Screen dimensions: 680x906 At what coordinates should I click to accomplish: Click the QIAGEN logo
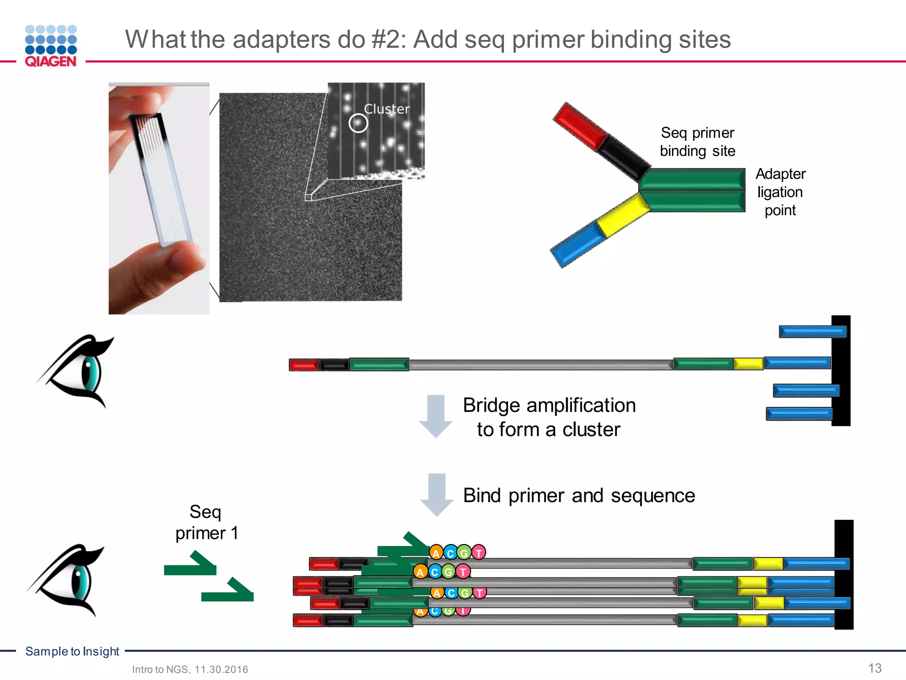pyautogui.click(x=51, y=46)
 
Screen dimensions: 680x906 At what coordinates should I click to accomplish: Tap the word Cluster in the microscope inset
pyautogui.click(x=387, y=109)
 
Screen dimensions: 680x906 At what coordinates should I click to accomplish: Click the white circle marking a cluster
pyautogui.click(x=358, y=123)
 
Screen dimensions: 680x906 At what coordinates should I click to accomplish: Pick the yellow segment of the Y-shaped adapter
pyautogui.click(x=623, y=214)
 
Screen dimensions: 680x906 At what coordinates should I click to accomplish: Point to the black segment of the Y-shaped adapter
pyautogui.click(x=624, y=157)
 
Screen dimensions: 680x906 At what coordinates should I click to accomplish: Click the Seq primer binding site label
pyautogui.click(x=697, y=142)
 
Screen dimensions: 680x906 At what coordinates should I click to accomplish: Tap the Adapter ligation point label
pyautogui.click(x=780, y=192)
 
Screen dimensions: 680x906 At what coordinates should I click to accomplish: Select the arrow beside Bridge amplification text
pyautogui.click(x=436, y=415)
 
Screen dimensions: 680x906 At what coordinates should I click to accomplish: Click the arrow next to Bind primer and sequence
pyautogui.click(x=437, y=494)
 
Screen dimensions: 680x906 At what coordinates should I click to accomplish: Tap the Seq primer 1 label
pyautogui.click(x=206, y=522)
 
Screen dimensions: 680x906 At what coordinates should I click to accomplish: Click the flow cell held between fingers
pyautogui.click(x=160, y=177)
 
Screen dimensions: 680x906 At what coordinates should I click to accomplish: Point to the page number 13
pyautogui.click(x=875, y=668)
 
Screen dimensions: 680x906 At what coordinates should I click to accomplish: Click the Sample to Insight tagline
pyautogui.click(x=72, y=651)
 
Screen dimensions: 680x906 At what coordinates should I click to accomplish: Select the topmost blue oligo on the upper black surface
pyautogui.click(x=812, y=332)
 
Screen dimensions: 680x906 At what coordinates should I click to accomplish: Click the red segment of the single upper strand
pyautogui.click(x=303, y=365)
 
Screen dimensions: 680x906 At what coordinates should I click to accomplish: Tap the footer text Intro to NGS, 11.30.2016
pyautogui.click(x=190, y=669)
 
